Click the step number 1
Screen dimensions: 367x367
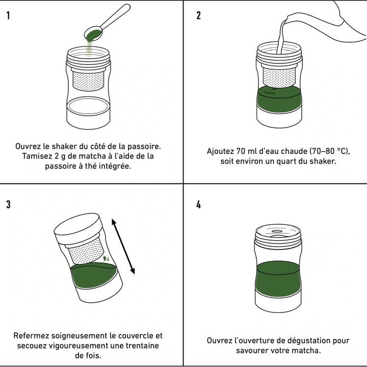click(9, 15)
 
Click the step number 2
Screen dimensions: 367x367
click(198, 15)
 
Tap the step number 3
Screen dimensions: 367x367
click(9, 205)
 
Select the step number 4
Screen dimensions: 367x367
click(198, 205)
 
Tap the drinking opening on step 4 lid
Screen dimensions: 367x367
click(278, 231)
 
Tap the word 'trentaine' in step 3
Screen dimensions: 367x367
click(141, 346)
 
